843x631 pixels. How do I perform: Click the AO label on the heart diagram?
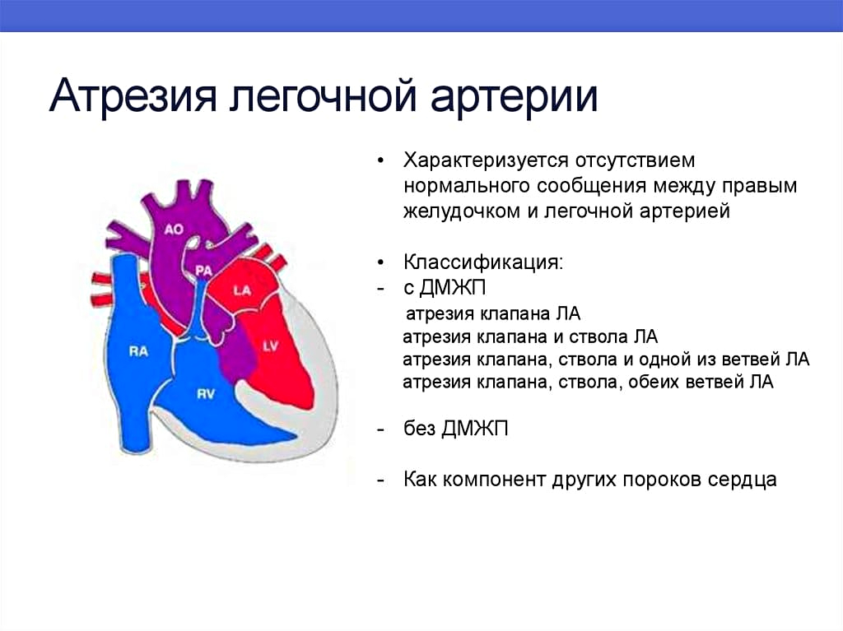point(174,230)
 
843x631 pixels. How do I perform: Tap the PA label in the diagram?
point(203,271)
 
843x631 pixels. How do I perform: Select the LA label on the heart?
point(242,290)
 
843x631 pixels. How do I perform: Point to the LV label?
point(270,346)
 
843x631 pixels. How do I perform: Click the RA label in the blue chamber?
point(138,351)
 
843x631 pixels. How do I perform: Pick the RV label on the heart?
point(205,394)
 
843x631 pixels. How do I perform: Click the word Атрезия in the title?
point(133,96)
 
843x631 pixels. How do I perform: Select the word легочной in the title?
point(323,96)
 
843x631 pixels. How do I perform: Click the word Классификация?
point(483,262)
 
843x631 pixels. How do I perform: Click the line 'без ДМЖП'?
point(456,429)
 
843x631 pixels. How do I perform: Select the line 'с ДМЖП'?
point(445,288)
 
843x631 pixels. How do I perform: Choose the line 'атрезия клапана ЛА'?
point(493,313)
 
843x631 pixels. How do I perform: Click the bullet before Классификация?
point(381,262)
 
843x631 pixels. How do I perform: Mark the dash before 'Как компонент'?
point(381,480)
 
